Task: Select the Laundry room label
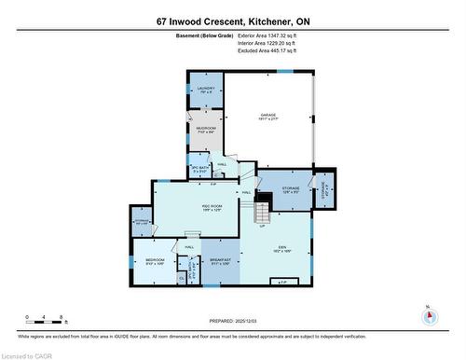click(x=207, y=90)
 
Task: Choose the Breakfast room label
click(x=221, y=261)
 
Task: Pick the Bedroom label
click(x=155, y=261)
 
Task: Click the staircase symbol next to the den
click(x=263, y=201)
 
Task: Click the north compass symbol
click(x=428, y=315)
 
